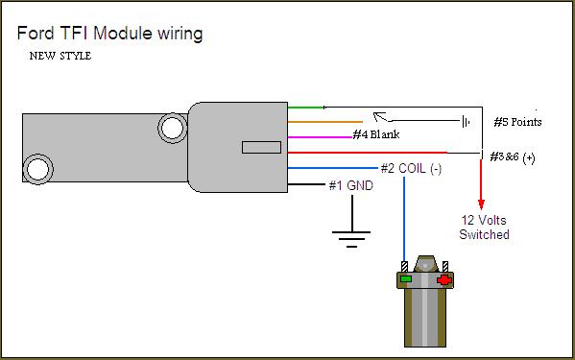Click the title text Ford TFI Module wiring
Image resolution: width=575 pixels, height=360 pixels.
click(109, 34)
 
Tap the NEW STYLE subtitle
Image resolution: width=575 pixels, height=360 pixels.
click(60, 56)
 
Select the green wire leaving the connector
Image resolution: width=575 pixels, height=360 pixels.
click(305, 108)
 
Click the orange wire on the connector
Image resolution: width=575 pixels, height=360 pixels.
click(324, 122)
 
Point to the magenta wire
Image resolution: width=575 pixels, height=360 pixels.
click(320, 137)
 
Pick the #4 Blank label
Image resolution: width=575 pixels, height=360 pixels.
click(376, 134)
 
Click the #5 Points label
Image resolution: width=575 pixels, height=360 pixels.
click(517, 122)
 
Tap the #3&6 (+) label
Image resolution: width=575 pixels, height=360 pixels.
click(513, 157)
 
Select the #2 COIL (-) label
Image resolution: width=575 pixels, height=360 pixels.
click(411, 169)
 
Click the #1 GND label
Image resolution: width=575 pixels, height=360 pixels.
click(351, 185)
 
